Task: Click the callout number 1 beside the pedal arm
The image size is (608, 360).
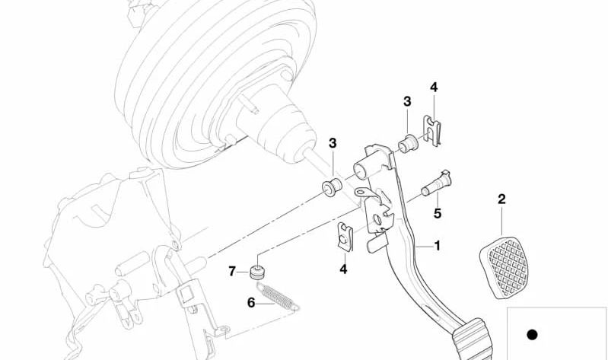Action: [438, 246]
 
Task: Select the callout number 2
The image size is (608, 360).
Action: [501, 199]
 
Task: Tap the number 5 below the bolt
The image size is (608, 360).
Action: [438, 213]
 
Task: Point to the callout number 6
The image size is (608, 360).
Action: [251, 303]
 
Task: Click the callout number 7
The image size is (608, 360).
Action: [232, 271]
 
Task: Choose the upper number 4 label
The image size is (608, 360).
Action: [434, 88]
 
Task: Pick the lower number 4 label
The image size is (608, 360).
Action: [343, 269]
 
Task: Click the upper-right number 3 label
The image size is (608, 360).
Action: [407, 102]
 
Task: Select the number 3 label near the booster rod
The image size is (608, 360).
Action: [333, 143]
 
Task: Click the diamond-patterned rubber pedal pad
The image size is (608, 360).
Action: [505, 268]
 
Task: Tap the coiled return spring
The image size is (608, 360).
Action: [278, 296]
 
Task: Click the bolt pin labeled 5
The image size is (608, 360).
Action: [437, 183]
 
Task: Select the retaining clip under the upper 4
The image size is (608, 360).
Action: [432, 131]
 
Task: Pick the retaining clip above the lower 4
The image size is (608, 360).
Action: [345, 237]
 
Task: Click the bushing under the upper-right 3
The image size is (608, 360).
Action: [408, 144]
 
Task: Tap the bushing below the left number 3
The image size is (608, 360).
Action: [332, 187]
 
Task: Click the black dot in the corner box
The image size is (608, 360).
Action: [532, 334]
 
